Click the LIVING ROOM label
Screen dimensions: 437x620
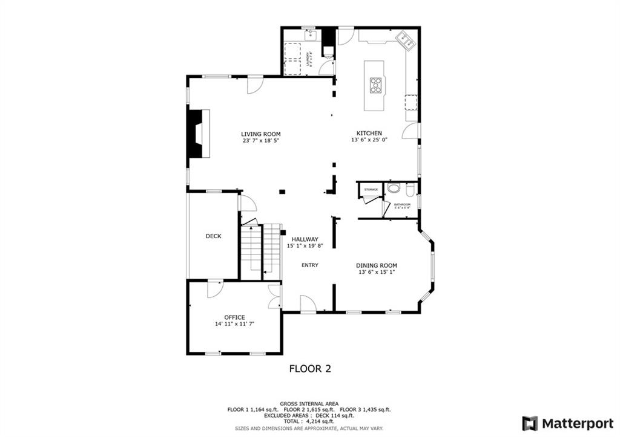[x=260, y=134]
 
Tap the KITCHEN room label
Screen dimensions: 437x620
[x=369, y=133]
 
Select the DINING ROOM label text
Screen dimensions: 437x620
[x=377, y=265]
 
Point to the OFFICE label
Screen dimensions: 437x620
[x=234, y=317]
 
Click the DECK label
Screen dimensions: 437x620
[x=213, y=236]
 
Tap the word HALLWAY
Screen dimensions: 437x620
[x=305, y=239]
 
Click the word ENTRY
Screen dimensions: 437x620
[x=309, y=265]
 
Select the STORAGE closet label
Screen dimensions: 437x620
[x=371, y=190]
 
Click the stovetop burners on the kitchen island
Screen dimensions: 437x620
[x=376, y=85]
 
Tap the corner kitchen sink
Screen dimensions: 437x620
[x=404, y=40]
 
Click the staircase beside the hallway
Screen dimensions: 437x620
[x=261, y=251]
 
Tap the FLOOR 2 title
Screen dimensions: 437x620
[x=309, y=368]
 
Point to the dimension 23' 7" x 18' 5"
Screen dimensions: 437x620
[x=260, y=141]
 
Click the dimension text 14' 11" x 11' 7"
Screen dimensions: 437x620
[x=234, y=324]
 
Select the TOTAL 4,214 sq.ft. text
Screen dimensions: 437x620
[x=309, y=421]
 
